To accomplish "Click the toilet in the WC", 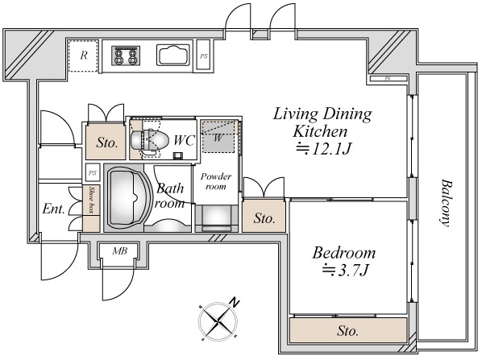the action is coord(150,141).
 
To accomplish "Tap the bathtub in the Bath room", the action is coord(129,198).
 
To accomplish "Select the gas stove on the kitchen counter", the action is coord(126,56).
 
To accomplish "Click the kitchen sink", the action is coord(173,55).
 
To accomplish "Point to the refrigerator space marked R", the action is coord(83,56).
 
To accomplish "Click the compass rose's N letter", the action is coord(235,303).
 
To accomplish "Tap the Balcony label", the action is coord(446,203).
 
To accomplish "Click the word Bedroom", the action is coord(344,253).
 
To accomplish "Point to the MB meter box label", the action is coord(119,251).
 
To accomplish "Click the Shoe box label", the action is coord(91,200).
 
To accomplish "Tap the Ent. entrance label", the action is coord(54,209).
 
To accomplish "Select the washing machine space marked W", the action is coord(218,137).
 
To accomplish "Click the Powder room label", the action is coord(216,181).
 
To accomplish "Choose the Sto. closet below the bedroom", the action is coord(348,330).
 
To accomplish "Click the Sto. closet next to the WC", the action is coord(106,143).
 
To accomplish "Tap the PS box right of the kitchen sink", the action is coord(203,56).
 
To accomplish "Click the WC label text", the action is coord(184,140).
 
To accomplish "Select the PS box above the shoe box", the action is coord(93,173).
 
